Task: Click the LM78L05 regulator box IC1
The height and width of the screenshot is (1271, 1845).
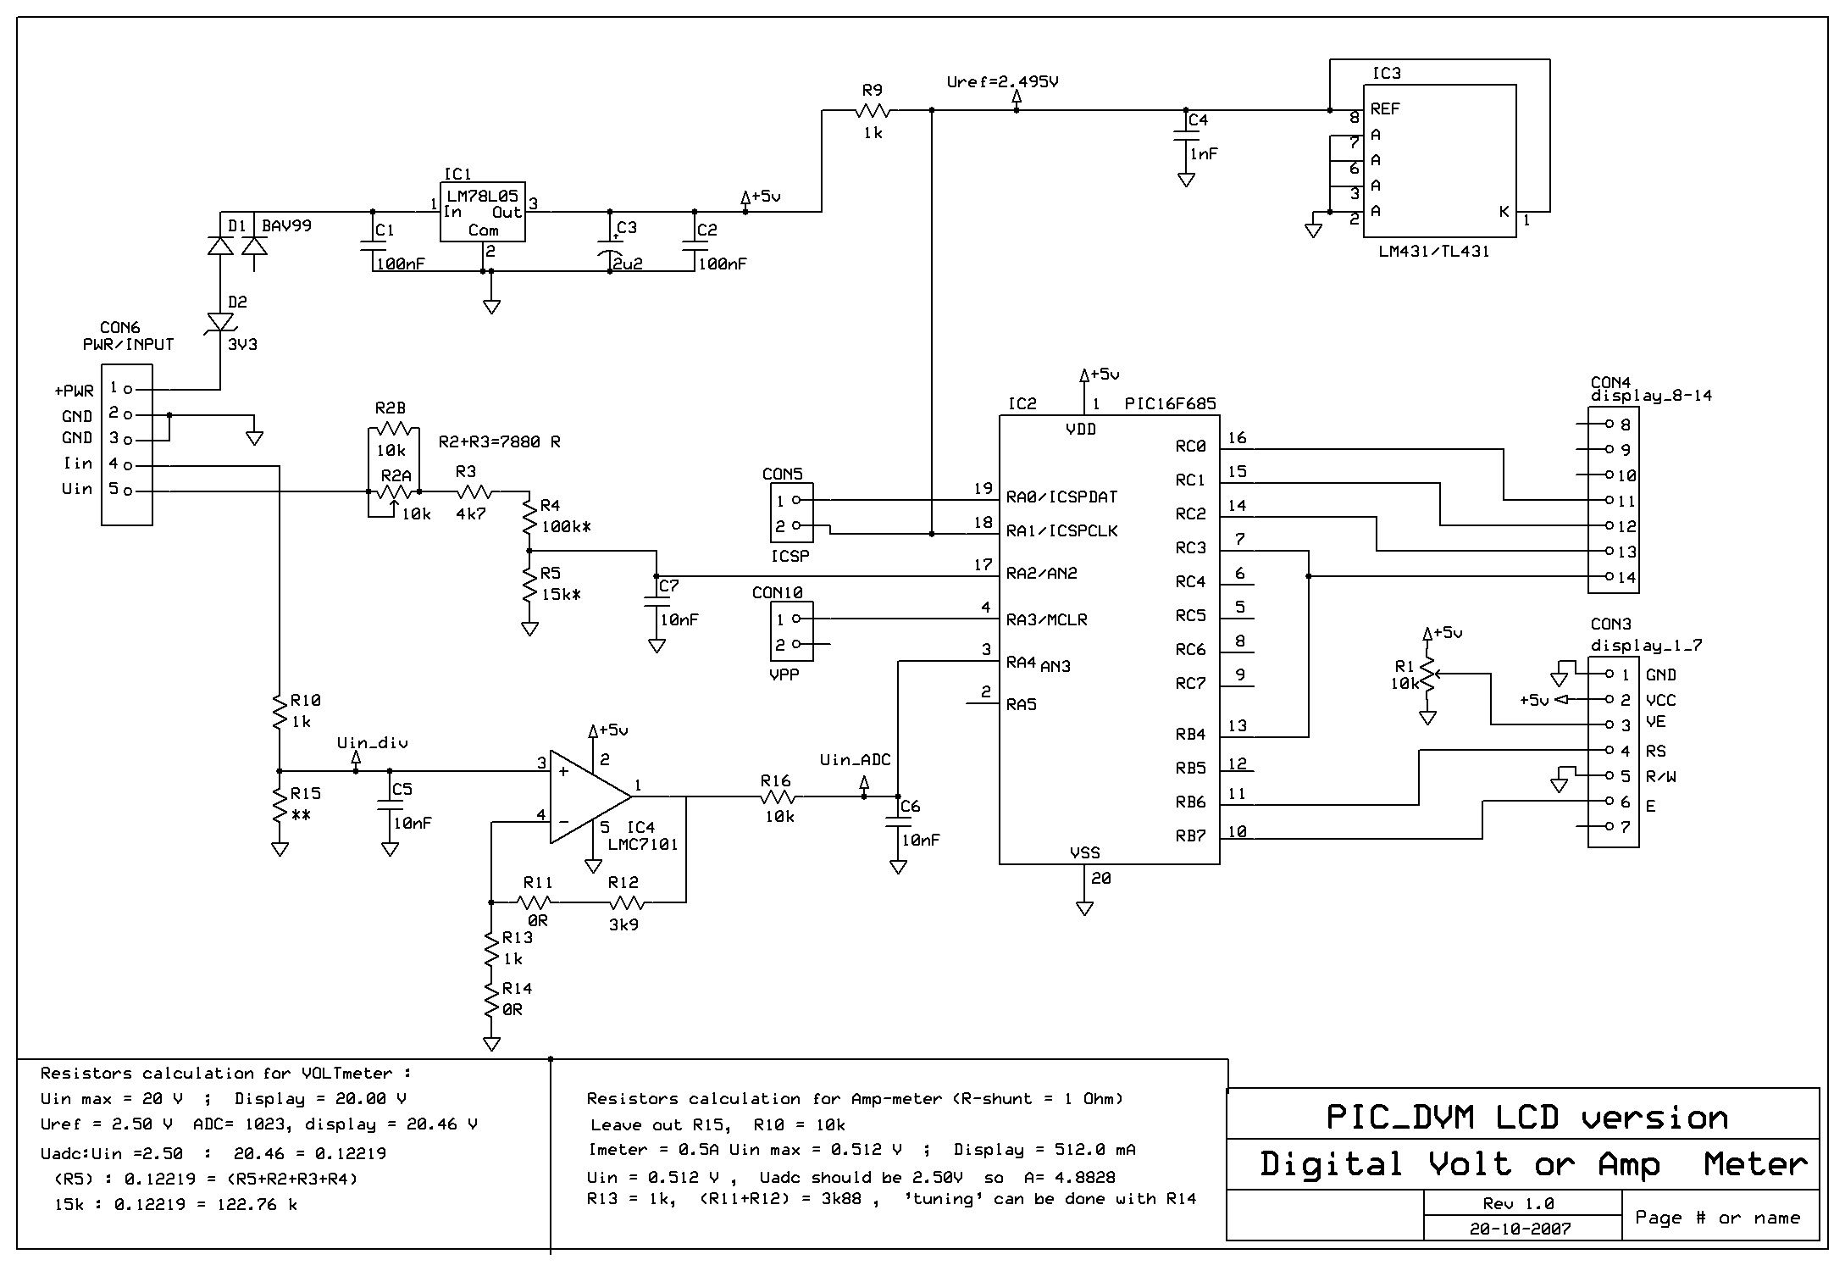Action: [482, 212]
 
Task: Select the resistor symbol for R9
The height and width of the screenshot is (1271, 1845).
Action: [873, 110]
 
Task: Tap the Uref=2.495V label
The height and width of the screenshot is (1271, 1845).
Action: [1002, 82]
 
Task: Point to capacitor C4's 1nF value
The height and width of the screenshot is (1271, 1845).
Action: [1204, 154]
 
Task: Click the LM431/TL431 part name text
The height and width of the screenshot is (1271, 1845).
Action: [1433, 251]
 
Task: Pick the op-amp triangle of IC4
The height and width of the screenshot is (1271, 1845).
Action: [589, 796]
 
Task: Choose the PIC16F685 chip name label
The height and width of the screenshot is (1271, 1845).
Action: [1170, 404]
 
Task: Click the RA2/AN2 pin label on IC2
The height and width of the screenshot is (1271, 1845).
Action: [1041, 574]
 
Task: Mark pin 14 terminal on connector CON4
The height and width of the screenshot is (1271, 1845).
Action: [1610, 576]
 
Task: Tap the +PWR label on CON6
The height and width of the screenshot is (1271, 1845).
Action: [75, 391]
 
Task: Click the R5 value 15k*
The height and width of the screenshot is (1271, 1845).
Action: [561, 595]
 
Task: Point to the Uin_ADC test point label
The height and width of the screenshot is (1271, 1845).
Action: [855, 760]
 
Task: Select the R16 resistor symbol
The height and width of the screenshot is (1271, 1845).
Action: [778, 796]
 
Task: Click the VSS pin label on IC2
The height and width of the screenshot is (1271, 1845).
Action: [1084, 852]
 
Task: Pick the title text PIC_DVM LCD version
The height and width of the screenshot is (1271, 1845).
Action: [1526, 1118]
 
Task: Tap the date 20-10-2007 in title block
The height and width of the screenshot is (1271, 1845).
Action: [1521, 1229]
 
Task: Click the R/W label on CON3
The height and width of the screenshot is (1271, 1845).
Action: [1660, 777]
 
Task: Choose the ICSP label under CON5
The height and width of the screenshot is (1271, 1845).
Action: [790, 557]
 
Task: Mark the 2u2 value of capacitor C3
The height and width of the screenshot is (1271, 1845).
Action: [628, 264]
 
